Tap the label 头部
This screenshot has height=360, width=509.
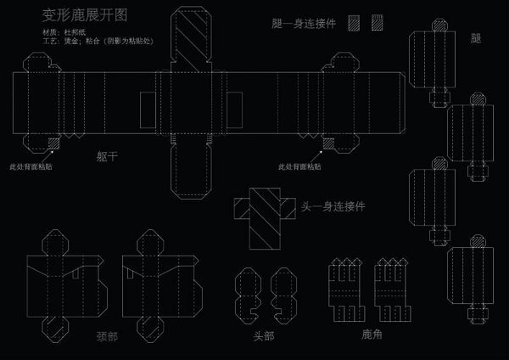coord(264,336)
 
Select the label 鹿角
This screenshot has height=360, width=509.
coord(372,335)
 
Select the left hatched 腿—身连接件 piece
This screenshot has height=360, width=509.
coord(354,24)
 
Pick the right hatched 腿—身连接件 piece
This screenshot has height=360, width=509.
coord(374,24)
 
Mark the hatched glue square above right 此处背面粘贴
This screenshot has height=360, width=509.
coord(325,143)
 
